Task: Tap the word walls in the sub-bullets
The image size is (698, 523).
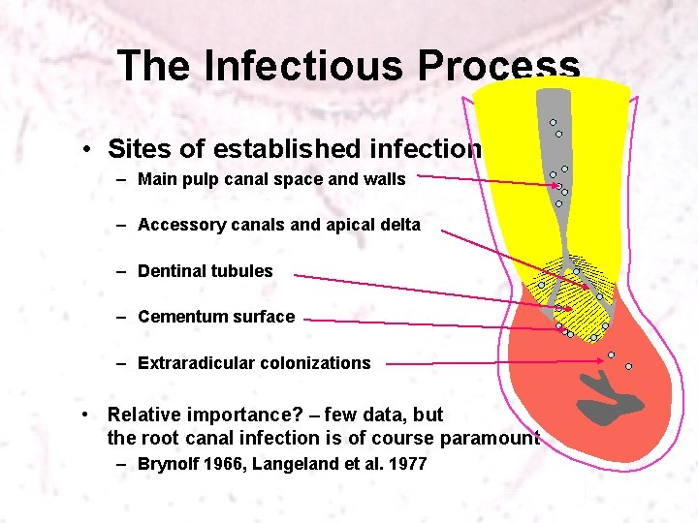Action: click(x=383, y=178)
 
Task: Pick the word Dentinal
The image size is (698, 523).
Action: click(x=173, y=271)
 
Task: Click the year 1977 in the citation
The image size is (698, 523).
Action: click(x=406, y=464)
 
